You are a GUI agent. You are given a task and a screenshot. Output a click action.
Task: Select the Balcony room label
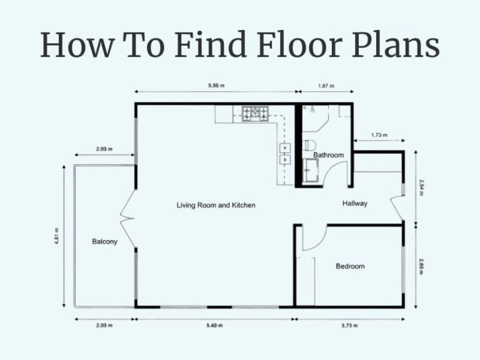click(104, 241)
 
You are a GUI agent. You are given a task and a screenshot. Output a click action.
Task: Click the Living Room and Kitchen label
click(216, 205)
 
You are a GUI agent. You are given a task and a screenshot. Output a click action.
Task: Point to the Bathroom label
click(329, 155)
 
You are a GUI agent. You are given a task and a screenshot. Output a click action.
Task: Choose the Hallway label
click(355, 203)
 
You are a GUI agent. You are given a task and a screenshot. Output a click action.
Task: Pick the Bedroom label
click(350, 266)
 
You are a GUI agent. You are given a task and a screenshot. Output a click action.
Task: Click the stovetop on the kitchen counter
click(256, 113)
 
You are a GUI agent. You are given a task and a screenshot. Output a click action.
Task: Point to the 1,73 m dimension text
click(379, 134)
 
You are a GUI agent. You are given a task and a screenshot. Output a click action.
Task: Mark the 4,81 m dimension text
click(57, 236)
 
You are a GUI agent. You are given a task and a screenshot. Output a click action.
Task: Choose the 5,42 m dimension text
click(214, 325)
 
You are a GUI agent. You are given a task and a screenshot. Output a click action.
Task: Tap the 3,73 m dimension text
click(349, 325)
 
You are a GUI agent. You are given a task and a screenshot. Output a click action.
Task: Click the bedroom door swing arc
click(316, 239)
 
